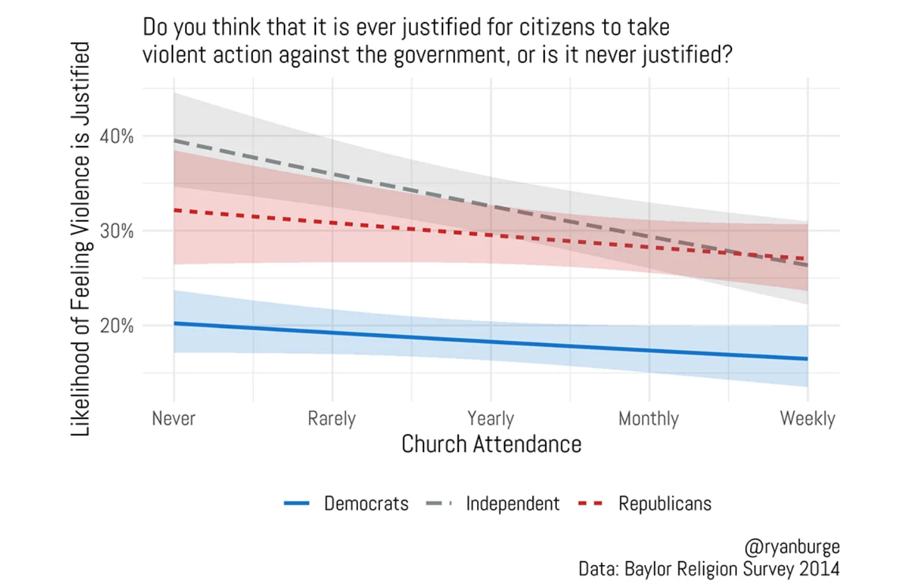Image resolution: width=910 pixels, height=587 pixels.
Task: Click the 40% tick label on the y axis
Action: [116, 136]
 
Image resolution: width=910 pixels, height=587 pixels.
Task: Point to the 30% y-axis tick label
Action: [116, 231]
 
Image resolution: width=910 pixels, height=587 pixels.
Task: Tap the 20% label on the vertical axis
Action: [116, 326]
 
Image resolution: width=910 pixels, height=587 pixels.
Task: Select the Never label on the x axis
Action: [174, 418]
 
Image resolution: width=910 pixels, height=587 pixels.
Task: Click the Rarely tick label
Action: [332, 418]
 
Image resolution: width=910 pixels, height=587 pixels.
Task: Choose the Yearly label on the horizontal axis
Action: [490, 418]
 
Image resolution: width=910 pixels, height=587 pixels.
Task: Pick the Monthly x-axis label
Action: [649, 418]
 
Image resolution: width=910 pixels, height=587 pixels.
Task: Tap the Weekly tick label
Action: [807, 418]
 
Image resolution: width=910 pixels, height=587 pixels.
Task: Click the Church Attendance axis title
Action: [491, 444]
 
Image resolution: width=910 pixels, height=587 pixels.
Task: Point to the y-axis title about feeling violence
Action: [80, 239]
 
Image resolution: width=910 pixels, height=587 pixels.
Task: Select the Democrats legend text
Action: [366, 504]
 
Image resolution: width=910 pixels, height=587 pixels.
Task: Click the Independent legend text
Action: [512, 504]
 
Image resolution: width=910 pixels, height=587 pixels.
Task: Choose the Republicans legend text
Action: [665, 504]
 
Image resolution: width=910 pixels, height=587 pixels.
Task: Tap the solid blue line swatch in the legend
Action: [296, 504]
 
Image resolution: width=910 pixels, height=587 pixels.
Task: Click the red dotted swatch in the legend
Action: [590, 504]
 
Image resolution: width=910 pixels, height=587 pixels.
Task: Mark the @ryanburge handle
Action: [792, 546]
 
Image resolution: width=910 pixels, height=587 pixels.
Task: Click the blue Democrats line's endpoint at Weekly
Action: [807, 359]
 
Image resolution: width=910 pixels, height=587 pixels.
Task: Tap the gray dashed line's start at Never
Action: [175, 141]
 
